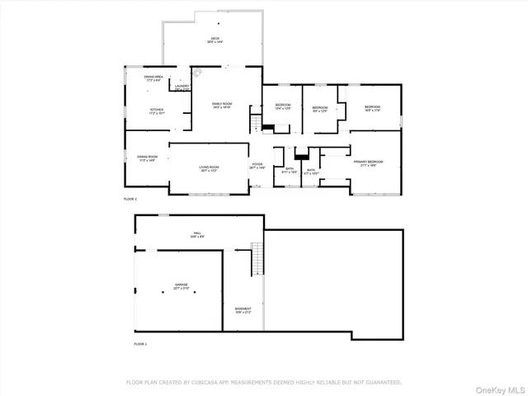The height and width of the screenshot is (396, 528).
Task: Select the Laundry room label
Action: [181, 85]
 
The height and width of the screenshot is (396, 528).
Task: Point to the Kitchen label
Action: [156, 110]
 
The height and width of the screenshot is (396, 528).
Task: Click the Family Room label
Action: [221, 104]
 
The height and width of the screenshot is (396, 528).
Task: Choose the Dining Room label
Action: [147, 158]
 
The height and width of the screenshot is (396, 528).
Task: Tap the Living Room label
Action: [208, 168]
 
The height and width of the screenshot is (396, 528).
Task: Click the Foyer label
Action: [258, 165]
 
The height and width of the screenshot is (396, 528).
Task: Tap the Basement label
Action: [243, 309]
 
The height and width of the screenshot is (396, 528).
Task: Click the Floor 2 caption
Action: [129, 200]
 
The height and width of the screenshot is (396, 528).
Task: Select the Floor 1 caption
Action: [140, 342]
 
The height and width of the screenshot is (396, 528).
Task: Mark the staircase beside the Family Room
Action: [256, 125]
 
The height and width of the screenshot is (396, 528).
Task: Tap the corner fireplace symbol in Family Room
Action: [197, 74]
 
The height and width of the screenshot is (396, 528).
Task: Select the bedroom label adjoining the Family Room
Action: [282, 107]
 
